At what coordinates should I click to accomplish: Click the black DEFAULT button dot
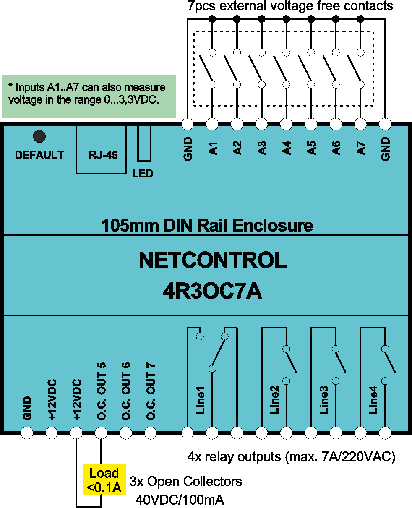(39, 136)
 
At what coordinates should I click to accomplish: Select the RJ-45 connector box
(101, 149)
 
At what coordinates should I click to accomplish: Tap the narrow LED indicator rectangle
(144, 143)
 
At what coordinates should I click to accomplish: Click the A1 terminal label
(213, 148)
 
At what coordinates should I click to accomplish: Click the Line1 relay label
(200, 400)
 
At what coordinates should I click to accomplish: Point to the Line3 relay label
(324, 399)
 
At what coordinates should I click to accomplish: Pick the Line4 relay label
(373, 399)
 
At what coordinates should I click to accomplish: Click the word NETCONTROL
(213, 260)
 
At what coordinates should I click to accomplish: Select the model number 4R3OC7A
(212, 292)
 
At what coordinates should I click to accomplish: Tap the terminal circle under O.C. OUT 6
(126, 433)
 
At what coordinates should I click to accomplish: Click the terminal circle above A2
(237, 124)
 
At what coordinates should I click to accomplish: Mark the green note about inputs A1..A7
(89, 96)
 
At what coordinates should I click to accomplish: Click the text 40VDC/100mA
(180, 500)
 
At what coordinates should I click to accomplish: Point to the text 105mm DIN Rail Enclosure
(207, 225)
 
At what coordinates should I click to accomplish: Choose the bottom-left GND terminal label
(27, 408)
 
